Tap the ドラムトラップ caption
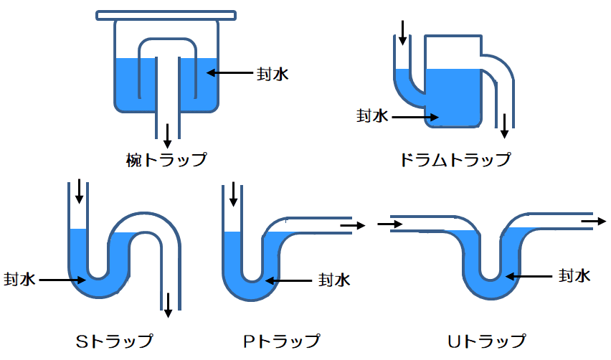[x=456, y=158]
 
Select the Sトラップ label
[x=114, y=340]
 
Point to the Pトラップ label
[x=282, y=340]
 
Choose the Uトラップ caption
[x=488, y=340]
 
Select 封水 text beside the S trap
[x=19, y=279]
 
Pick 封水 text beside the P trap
[x=334, y=279]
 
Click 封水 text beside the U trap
[x=574, y=275]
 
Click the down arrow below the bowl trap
[x=168, y=134]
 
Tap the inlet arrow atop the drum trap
[x=403, y=32]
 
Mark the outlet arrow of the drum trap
[x=505, y=125]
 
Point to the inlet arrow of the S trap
[x=79, y=192]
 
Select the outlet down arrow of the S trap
[x=168, y=304]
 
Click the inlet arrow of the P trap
[x=232, y=194]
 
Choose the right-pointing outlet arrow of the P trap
[x=353, y=225]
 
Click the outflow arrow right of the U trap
[x=593, y=222]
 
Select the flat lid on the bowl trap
[x=166, y=14]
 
